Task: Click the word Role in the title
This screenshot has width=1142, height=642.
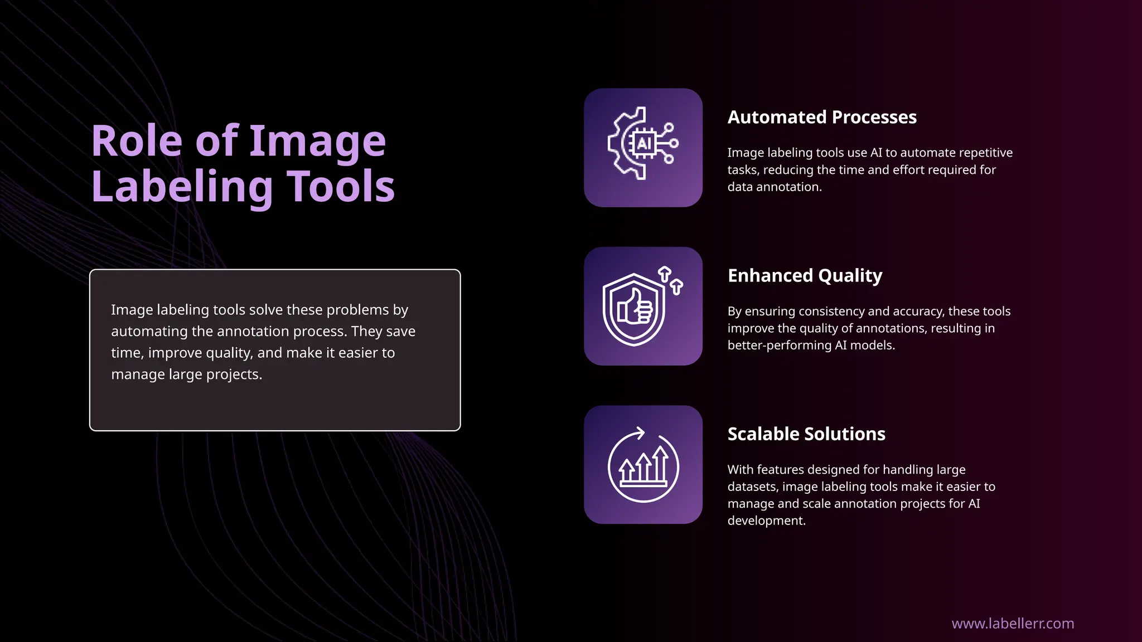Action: [x=137, y=141]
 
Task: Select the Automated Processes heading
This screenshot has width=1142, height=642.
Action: [x=821, y=117]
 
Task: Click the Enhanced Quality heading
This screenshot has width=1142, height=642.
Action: [x=805, y=275]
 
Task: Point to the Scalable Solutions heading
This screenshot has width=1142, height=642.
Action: [x=806, y=434]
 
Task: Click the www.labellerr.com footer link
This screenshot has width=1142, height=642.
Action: [x=1012, y=623]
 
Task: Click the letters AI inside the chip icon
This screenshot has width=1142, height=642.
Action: [x=644, y=144]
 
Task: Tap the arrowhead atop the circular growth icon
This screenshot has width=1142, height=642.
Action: [x=640, y=432]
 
